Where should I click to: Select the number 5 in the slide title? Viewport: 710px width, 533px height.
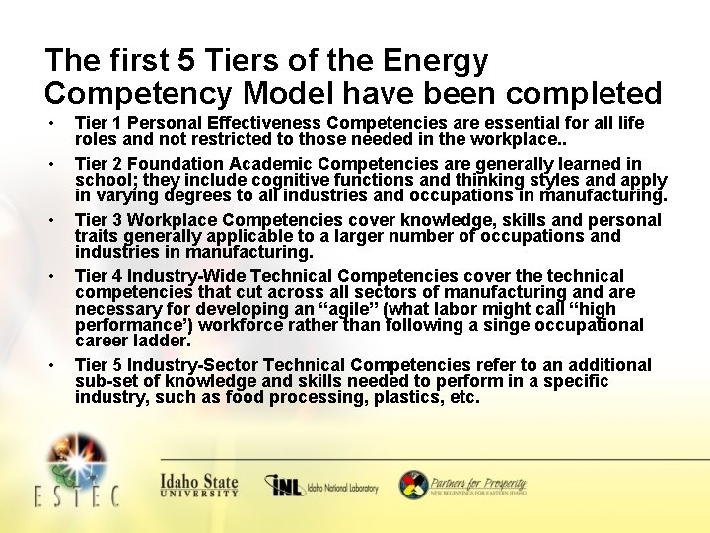click(x=186, y=61)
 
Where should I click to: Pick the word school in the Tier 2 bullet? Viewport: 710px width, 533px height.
click(x=102, y=181)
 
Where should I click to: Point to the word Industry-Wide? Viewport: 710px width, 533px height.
click(x=182, y=276)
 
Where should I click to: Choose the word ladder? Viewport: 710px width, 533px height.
click(x=164, y=341)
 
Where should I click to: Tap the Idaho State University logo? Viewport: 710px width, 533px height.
click(x=199, y=485)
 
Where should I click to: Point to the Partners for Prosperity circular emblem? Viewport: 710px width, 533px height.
click(x=413, y=485)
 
